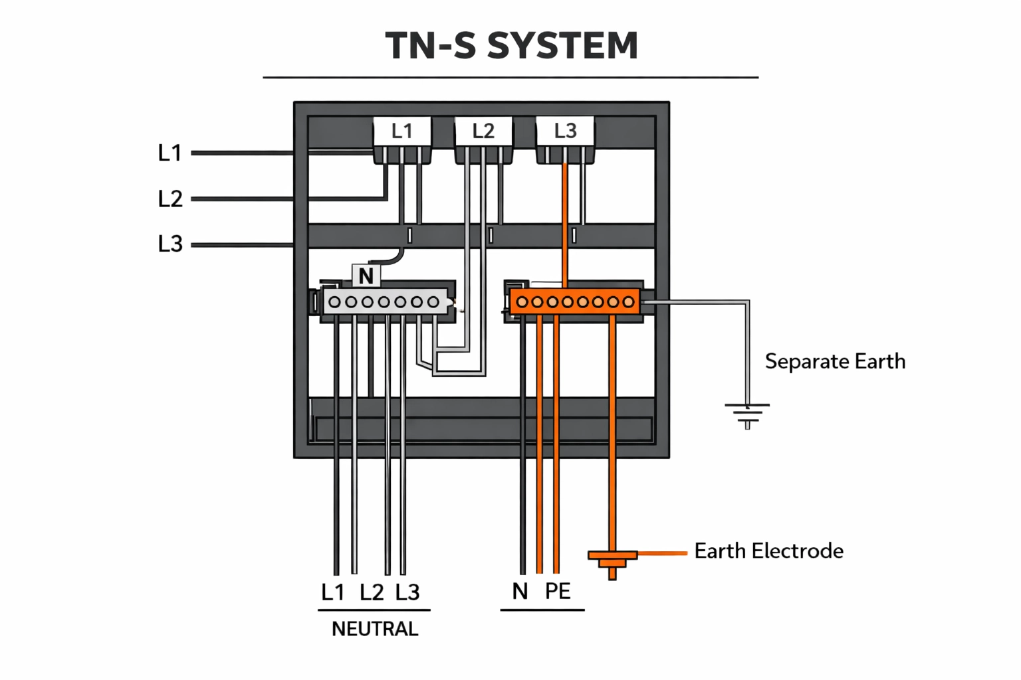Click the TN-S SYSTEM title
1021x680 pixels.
tap(511, 46)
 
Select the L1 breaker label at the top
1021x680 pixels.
tap(401, 131)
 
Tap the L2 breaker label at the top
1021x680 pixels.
tap(483, 131)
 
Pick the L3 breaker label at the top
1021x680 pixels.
tap(565, 131)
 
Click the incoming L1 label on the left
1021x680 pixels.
tap(170, 153)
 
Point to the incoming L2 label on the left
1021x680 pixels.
tap(170, 199)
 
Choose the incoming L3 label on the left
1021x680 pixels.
tap(170, 244)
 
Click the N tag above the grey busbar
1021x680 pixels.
tap(366, 276)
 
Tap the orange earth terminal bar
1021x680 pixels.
tap(574, 302)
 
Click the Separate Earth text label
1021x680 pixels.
tap(835, 361)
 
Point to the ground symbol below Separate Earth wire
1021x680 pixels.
tap(747, 413)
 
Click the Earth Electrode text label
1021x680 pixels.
tap(768, 551)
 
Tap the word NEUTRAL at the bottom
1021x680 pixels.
tap(375, 629)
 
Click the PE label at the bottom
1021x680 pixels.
tap(558, 591)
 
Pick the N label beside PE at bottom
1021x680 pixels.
tap(520, 591)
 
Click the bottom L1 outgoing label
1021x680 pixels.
tap(333, 592)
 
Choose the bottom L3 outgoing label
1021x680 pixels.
tap(407, 592)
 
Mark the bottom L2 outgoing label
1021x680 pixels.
tap(372, 592)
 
